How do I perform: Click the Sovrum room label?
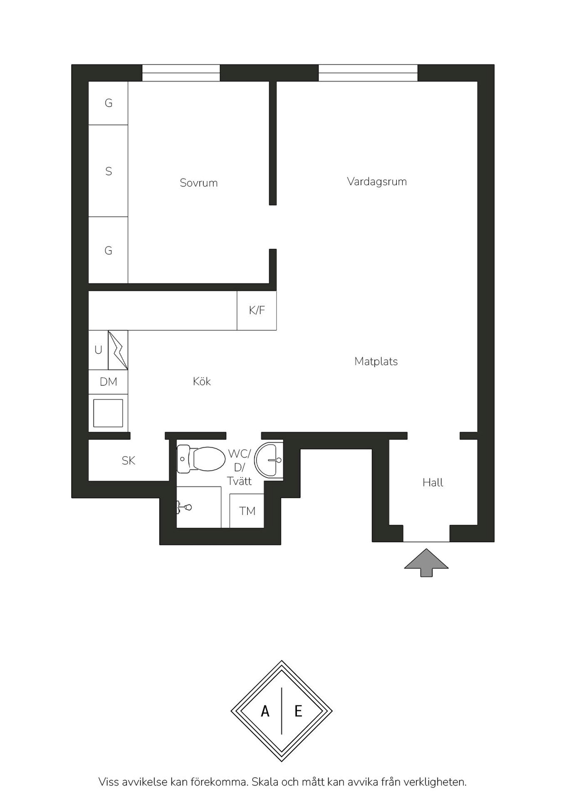199,183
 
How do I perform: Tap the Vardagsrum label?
377,181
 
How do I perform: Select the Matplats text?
376,361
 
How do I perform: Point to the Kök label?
202,381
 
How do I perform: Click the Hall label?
433,482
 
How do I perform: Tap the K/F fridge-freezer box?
257,310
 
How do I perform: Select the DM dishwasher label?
108,382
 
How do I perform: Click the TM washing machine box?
247,511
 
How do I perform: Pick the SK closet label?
128,461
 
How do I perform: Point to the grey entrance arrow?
426,562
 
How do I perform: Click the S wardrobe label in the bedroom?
109,171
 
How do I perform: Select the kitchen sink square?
108,413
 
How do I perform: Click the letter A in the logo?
265,711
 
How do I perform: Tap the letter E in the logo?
298,711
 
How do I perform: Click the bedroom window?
181,73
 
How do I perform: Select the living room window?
368,73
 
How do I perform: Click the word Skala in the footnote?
265,782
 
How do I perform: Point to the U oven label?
98,350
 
